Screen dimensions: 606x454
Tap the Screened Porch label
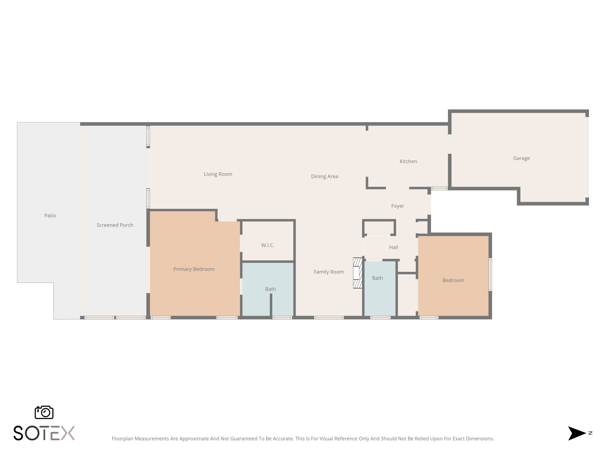[115, 225]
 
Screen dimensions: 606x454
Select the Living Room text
[218, 174]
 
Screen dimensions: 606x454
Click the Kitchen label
[408, 161]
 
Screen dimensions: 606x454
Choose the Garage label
[521, 158]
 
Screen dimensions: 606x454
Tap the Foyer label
[398, 206]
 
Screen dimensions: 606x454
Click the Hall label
[393, 247]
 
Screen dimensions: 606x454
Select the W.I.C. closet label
[268, 245]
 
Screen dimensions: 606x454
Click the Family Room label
[329, 272]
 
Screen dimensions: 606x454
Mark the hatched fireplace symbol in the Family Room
[358, 273]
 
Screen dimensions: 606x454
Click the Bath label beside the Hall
[377, 278]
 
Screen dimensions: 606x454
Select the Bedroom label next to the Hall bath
[453, 280]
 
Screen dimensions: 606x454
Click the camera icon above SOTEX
[44, 412]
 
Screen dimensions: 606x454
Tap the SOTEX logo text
[44, 433]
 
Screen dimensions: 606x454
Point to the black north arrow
[577, 433]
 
